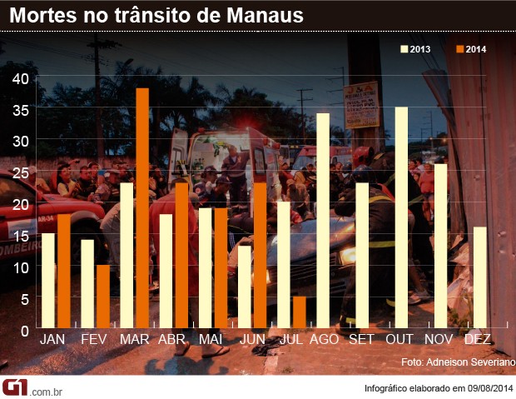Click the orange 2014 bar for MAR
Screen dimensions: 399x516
[x=142, y=208]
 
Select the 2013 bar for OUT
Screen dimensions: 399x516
[x=401, y=217]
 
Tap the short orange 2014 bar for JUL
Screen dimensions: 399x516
[x=299, y=312]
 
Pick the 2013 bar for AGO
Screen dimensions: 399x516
[x=323, y=221]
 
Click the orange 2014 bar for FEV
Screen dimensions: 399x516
[x=103, y=296]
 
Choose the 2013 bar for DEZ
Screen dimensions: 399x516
[x=480, y=277]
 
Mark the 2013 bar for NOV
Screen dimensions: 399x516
[x=440, y=246]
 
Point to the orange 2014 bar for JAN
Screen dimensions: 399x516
[x=64, y=271]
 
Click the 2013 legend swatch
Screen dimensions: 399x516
[x=404, y=49]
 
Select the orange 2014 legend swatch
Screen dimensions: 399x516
[x=459, y=49]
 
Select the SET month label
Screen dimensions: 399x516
[x=361, y=340]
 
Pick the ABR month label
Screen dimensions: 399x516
[x=171, y=340]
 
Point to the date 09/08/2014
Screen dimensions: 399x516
[x=488, y=388]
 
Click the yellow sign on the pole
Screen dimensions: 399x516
[x=361, y=104]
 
